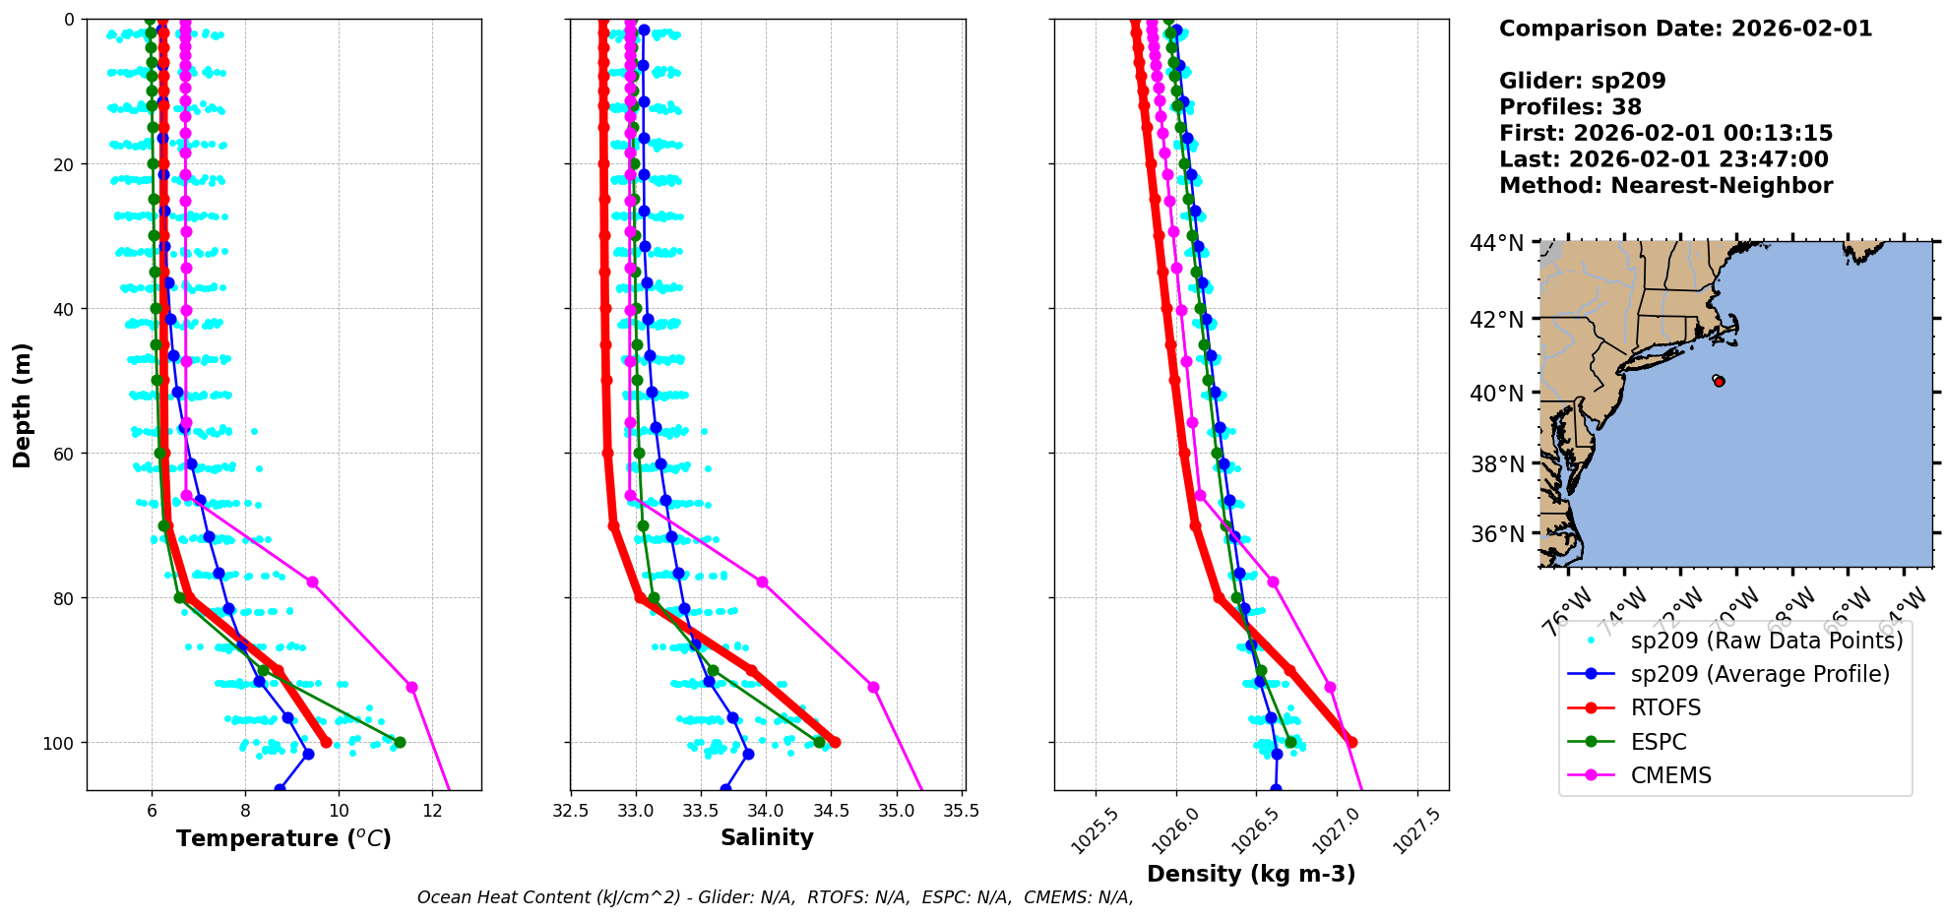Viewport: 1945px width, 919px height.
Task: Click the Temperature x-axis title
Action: pyautogui.click(x=283, y=838)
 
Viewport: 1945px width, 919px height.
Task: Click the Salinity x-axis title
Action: pyautogui.click(x=767, y=838)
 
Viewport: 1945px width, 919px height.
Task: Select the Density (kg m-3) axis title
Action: pyautogui.click(x=1251, y=874)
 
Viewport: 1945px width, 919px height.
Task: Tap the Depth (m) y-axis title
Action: pyautogui.click(x=23, y=404)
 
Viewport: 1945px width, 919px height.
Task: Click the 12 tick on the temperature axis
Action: pyautogui.click(x=432, y=811)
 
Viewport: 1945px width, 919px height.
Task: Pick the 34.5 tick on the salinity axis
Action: pyautogui.click(x=831, y=811)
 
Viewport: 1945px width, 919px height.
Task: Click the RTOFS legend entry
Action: pyautogui.click(x=1665, y=708)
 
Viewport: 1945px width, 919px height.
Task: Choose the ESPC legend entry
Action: pyautogui.click(x=1659, y=742)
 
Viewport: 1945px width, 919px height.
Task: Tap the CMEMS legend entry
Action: pyautogui.click(x=1670, y=775)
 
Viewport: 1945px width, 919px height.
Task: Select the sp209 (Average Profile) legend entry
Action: pyautogui.click(x=1760, y=674)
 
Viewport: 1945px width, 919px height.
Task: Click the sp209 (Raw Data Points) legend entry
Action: pyautogui.click(x=1766, y=641)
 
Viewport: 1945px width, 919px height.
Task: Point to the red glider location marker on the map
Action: pyautogui.click(x=1719, y=381)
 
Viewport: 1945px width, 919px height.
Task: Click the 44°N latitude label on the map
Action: pyautogui.click(x=1496, y=243)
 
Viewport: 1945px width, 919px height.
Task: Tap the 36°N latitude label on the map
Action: pyautogui.click(x=1496, y=534)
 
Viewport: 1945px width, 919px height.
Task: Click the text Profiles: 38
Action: pyautogui.click(x=1570, y=107)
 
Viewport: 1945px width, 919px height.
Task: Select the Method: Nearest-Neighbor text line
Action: pyautogui.click(x=1665, y=186)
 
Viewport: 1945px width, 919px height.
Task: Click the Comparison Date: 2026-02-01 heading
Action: pyautogui.click(x=1685, y=29)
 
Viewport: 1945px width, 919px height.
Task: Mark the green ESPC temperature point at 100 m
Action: pyautogui.click(x=400, y=742)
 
